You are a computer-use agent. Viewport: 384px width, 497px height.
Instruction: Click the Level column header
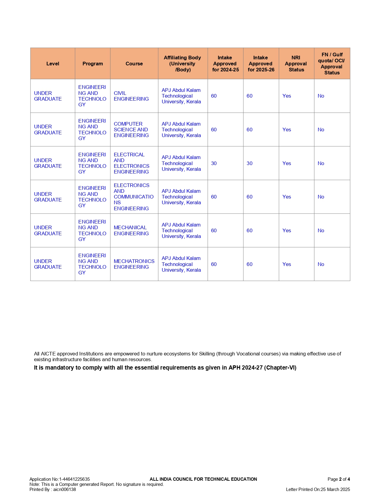(x=53, y=64)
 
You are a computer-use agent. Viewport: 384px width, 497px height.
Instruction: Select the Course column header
(x=134, y=64)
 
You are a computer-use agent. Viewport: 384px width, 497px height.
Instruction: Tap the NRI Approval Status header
(x=296, y=64)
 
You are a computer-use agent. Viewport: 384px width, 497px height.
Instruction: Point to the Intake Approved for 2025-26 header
(x=261, y=64)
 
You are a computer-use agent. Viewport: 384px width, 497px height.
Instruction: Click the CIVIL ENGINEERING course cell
(x=131, y=96)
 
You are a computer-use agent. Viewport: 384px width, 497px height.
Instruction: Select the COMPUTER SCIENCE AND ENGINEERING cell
(x=131, y=130)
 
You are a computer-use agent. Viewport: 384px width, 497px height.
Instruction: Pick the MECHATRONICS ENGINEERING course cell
(x=134, y=264)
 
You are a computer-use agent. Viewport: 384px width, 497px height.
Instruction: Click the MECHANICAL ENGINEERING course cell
(x=131, y=230)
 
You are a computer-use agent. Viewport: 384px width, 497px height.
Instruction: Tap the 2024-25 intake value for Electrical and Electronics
(x=214, y=163)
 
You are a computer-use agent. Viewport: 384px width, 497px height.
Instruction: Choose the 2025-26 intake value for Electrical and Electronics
(x=249, y=163)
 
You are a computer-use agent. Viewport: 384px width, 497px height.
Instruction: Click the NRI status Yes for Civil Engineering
(x=287, y=96)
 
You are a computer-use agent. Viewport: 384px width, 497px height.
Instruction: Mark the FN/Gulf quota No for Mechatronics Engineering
(x=321, y=264)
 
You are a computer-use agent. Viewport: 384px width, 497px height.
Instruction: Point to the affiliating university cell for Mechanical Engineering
(x=181, y=230)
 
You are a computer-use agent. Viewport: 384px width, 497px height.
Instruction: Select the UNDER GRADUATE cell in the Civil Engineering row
(x=48, y=96)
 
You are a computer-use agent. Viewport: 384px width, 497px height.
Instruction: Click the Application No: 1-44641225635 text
(x=60, y=479)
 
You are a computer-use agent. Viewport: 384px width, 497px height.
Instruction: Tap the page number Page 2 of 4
(x=339, y=479)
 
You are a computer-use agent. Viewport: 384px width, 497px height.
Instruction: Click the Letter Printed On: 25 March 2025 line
(x=318, y=489)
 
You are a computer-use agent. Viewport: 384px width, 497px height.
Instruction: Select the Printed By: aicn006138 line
(x=53, y=489)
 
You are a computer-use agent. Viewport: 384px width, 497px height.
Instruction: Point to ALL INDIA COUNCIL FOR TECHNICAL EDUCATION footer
(x=203, y=479)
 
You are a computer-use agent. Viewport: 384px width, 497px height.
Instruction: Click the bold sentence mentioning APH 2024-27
(x=165, y=368)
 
